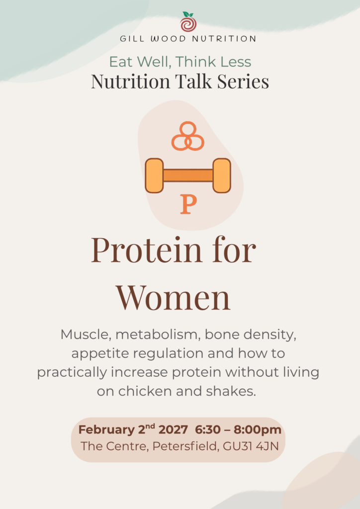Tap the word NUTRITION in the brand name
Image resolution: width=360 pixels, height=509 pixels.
click(x=224, y=39)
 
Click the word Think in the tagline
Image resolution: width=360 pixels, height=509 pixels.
click(x=194, y=62)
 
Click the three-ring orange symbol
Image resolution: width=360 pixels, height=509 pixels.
click(x=188, y=136)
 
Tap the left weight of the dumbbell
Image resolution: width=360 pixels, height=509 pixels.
click(x=154, y=175)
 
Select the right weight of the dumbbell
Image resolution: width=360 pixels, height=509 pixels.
click(x=222, y=175)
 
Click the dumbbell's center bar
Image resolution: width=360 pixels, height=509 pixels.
click(x=188, y=175)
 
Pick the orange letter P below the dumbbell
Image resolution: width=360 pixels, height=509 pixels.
click(x=188, y=205)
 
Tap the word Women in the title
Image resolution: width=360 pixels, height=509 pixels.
click(x=174, y=297)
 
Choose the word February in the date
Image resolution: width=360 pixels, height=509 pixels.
click(x=106, y=430)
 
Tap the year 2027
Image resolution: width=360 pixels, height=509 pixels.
click(x=173, y=430)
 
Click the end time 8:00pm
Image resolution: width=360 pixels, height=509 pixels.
click(x=258, y=430)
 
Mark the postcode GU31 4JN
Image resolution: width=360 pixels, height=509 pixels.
click(x=251, y=446)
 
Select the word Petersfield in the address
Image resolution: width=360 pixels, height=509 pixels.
click(x=185, y=446)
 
